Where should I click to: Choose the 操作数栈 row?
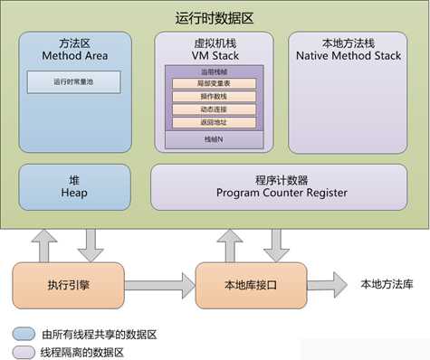[x=214, y=97]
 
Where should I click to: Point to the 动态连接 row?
[x=214, y=109]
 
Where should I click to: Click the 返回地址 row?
[x=214, y=122]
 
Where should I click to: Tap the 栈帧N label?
[x=214, y=140]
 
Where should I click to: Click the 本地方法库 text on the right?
[x=386, y=284]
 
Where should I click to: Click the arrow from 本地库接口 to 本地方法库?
[x=327, y=284]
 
